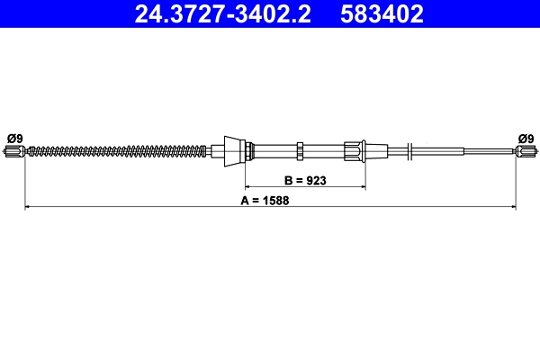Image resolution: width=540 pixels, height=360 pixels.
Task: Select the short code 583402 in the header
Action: (382, 14)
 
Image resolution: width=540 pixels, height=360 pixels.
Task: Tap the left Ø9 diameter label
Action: (14, 137)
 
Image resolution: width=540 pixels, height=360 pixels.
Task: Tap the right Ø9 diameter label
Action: (526, 137)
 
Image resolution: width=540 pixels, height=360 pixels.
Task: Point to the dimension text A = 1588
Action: (271, 201)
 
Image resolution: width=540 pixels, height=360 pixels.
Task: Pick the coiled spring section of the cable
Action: (117, 150)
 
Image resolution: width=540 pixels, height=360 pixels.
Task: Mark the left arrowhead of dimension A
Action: (28, 208)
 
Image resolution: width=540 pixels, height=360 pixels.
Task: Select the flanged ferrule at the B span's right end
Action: (355, 149)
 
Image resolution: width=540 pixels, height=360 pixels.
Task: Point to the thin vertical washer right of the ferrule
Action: (409, 150)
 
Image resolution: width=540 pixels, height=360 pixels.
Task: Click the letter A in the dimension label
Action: (245, 201)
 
